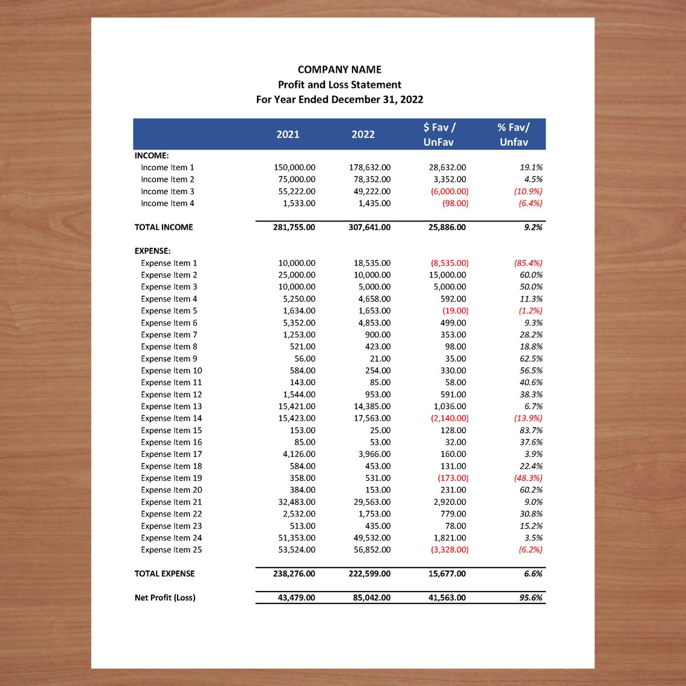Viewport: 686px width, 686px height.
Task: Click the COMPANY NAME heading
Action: pyautogui.click(x=339, y=69)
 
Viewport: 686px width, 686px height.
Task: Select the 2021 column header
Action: pyautogui.click(x=288, y=134)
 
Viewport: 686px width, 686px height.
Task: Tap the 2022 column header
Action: pyautogui.click(x=363, y=134)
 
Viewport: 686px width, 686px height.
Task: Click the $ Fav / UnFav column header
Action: pyautogui.click(x=439, y=134)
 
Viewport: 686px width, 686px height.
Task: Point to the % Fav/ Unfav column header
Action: pyautogui.click(x=513, y=134)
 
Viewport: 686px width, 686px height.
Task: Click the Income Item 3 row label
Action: pyautogui.click(x=167, y=191)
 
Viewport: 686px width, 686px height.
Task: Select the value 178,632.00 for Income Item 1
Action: pyautogui.click(x=369, y=167)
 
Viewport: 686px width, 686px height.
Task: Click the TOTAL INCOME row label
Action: pyautogui.click(x=164, y=227)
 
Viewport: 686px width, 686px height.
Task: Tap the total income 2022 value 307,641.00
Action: pyautogui.click(x=369, y=227)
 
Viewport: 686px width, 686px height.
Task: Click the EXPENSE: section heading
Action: pyautogui.click(x=152, y=250)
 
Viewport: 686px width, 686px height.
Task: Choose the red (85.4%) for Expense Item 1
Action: pyautogui.click(x=528, y=263)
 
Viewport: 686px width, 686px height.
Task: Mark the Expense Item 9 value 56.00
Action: pyautogui.click(x=304, y=359)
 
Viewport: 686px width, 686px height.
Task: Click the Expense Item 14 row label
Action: pyautogui.click(x=171, y=418)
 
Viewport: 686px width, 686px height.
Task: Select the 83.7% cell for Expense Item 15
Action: pyautogui.click(x=531, y=430)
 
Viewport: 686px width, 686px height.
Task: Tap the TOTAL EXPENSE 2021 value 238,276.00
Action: pyautogui.click(x=294, y=573)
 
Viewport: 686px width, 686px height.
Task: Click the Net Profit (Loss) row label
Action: pyautogui.click(x=165, y=598)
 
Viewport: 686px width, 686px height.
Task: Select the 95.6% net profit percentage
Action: pyautogui.click(x=530, y=598)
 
